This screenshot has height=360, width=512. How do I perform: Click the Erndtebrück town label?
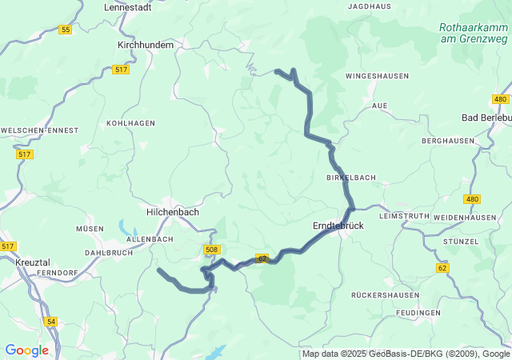(337, 226)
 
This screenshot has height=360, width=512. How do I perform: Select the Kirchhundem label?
(145, 46)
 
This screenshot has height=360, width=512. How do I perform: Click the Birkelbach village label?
(350, 177)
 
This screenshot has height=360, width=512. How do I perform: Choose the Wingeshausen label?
(377, 76)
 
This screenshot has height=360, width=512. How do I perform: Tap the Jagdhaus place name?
(369, 6)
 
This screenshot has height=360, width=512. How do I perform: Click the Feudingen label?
(418, 312)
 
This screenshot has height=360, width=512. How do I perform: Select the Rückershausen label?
(384, 295)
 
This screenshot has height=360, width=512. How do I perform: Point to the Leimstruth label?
(407, 217)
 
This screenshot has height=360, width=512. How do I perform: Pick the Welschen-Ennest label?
(39, 130)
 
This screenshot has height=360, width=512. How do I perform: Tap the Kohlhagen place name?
(130, 123)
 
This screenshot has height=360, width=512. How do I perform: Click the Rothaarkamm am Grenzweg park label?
(474, 32)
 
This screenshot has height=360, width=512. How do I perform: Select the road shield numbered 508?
(211, 250)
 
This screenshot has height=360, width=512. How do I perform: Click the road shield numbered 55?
(65, 30)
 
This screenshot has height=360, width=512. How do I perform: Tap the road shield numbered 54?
(52, 321)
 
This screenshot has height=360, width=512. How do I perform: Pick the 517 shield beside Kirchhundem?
(121, 70)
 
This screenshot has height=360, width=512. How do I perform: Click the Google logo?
(26, 350)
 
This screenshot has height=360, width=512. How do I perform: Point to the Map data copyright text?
(406, 354)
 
